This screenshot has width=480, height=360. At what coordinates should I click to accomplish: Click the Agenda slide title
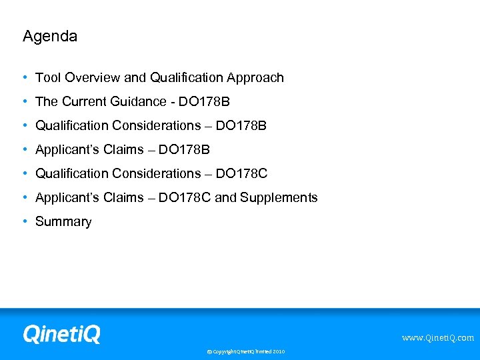coord(50,37)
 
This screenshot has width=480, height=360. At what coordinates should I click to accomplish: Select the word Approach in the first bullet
coord(255,78)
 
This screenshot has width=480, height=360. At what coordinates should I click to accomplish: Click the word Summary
coord(63,222)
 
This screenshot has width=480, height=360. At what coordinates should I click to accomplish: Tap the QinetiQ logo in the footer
coord(61,333)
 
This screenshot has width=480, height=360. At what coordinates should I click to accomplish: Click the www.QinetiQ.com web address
coord(437,338)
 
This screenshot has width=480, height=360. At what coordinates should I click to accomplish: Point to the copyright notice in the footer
coord(245,351)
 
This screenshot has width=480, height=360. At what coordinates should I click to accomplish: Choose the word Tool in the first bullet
coord(47,78)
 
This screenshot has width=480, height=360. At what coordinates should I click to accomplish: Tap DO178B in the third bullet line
coord(241,126)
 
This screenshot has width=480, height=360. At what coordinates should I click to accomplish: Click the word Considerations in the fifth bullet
coord(157,174)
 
